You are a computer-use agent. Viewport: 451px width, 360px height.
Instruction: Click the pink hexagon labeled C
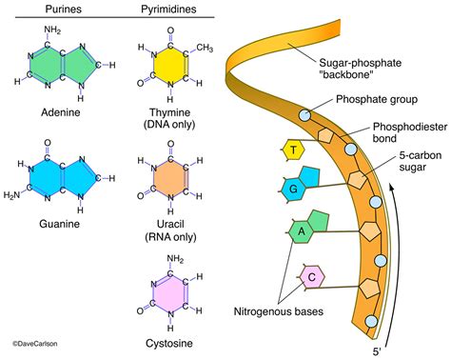[x=312, y=278]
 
